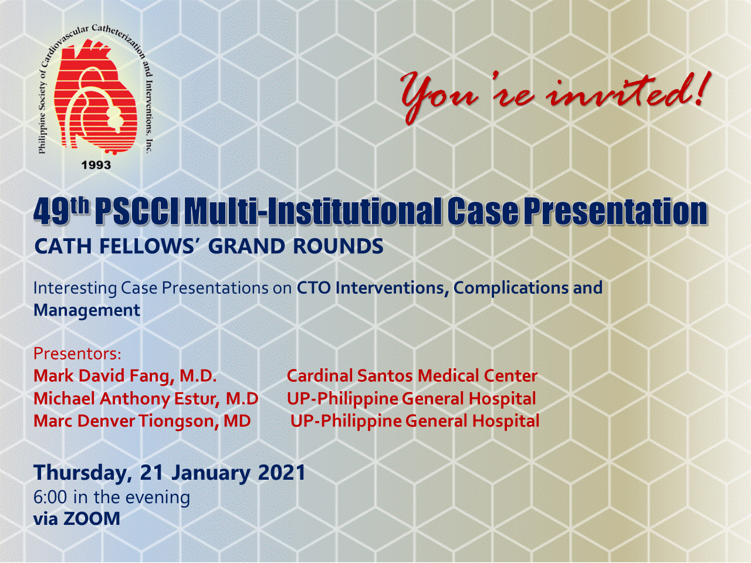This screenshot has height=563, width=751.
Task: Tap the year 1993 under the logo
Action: tap(96, 165)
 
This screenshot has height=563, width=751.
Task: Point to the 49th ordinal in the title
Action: tap(62, 211)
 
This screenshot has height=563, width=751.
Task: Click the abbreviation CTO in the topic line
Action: tap(313, 288)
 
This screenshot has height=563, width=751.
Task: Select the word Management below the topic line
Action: tap(87, 310)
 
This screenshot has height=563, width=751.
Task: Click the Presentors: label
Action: tap(77, 354)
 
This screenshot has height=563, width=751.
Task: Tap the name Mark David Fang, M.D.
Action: tap(125, 376)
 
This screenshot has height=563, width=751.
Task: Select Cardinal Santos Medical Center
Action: tap(412, 376)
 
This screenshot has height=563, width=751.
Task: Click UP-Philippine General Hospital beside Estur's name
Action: tap(411, 399)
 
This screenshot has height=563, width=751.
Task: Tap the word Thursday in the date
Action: tap(82, 473)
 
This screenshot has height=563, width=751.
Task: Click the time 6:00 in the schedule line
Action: tap(50, 497)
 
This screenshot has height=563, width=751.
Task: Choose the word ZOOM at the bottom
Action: tap(92, 518)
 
